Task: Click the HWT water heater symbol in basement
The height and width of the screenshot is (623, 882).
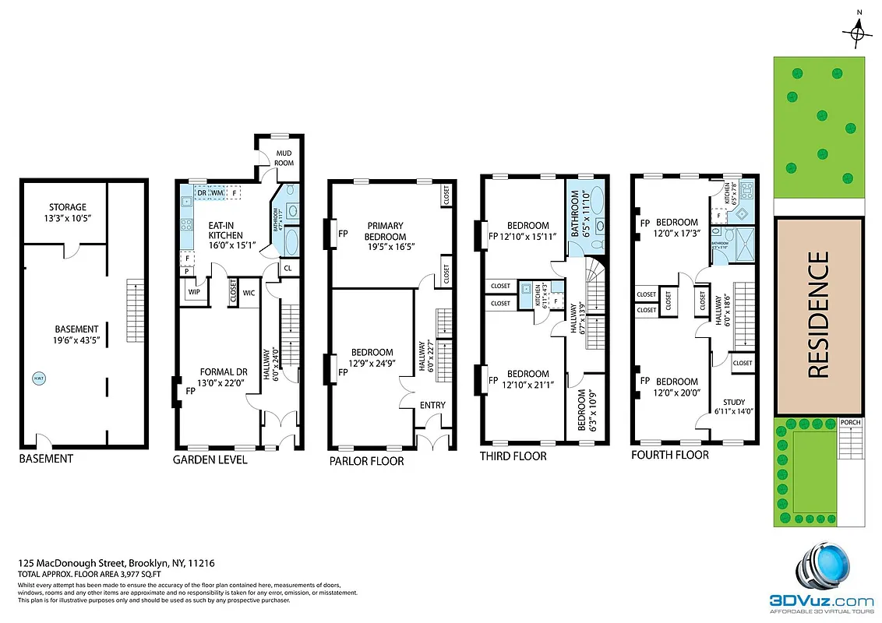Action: point(38,379)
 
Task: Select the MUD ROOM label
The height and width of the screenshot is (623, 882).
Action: point(283,158)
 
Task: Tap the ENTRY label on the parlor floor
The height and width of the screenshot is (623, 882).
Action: point(432,405)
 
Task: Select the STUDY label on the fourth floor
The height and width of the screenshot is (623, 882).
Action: point(734,402)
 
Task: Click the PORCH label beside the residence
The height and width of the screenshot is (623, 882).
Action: point(851,423)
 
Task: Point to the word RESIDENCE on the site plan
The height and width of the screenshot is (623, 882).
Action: point(818,315)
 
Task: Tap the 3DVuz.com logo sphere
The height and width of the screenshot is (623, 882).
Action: point(820,566)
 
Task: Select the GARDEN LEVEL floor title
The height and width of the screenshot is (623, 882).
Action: point(210,459)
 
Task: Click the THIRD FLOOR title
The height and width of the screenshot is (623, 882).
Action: point(513,456)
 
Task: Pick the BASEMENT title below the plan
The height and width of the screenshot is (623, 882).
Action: point(46,459)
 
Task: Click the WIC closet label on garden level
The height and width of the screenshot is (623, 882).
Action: point(249,293)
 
